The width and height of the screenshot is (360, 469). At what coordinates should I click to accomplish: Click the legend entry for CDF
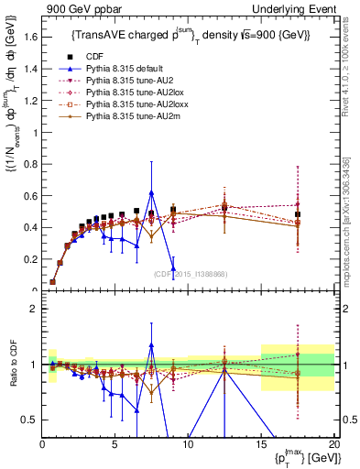tap(94, 57)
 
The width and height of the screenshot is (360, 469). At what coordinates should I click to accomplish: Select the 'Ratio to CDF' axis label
tap(13, 365)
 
